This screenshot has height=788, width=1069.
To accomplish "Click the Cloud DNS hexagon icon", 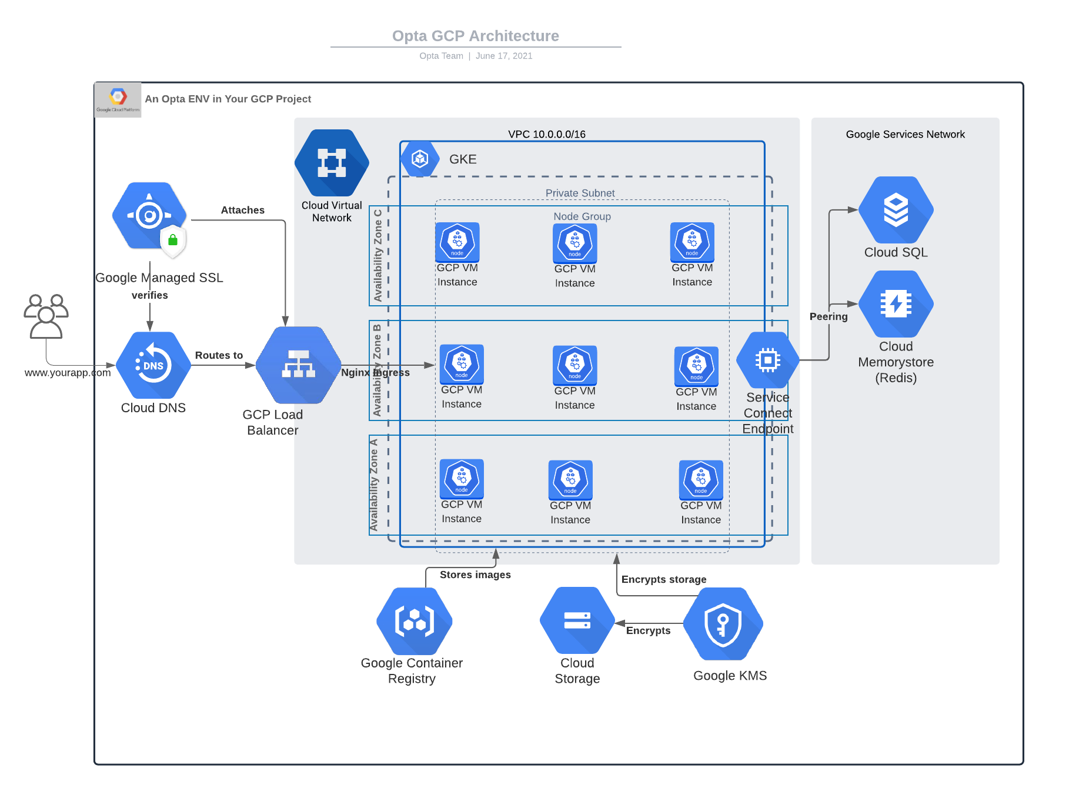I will (153, 365).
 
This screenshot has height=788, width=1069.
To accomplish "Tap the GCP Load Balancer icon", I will (299, 365).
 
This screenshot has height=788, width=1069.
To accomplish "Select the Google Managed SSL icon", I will (150, 216).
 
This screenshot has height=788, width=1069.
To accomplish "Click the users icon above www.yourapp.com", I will (46, 316).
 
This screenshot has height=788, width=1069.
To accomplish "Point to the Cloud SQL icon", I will (896, 210).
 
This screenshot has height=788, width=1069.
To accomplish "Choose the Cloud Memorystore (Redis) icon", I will (896, 304).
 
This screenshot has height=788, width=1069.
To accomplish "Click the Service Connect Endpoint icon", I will (767, 360).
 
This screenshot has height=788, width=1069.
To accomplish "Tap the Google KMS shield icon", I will (723, 624).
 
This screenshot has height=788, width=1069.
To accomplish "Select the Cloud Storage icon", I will (577, 620).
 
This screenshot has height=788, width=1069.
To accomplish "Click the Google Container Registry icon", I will (415, 621).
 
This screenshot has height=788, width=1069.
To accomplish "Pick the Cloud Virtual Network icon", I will (332, 163).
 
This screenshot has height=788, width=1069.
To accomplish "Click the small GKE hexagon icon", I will (420, 159).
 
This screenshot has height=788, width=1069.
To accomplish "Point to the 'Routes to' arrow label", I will (219, 355).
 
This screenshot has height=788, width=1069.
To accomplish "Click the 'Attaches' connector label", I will (242, 210).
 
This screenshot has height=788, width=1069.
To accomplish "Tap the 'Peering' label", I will (828, 316).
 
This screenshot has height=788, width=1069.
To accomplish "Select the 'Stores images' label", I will (475, 575).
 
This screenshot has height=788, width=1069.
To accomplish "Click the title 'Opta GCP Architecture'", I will (475, 36).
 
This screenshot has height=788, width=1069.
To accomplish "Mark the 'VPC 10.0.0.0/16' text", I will (546, 134).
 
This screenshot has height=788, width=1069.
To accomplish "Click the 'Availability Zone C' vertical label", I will (378, 255).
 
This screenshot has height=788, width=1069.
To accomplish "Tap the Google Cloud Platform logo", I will (118, 99).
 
